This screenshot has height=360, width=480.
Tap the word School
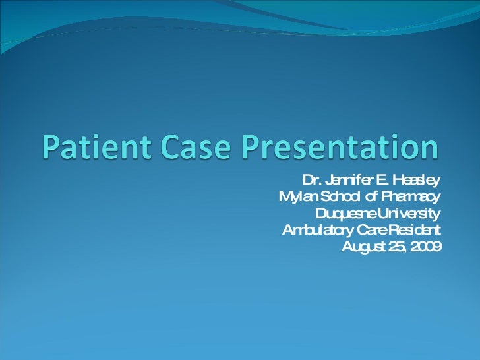click(341, 197)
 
